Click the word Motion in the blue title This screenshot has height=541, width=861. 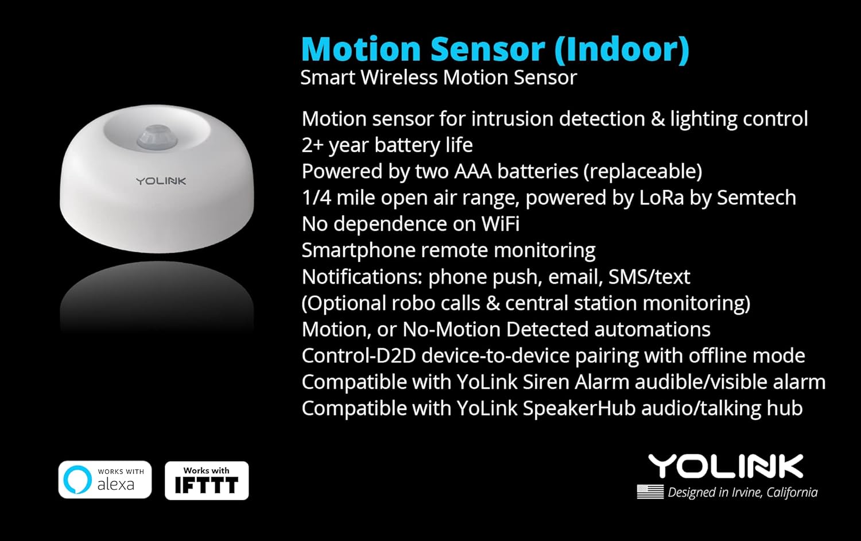tap(361, 49)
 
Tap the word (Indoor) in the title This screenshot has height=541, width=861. tap(622, 49)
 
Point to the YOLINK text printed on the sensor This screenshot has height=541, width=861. tap(161, 181)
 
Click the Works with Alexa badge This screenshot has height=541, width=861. tap(105, 480)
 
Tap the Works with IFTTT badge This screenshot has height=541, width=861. tap(207, 480)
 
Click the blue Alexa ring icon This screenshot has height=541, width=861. tap(77, 480)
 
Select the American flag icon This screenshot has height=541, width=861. tap(650, 492)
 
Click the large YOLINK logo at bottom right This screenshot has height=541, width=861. tap(726, 466)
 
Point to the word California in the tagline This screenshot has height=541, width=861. tap(792, 492)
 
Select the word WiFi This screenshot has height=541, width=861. tap(500, 224)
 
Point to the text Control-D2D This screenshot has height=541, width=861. tap(358, 355)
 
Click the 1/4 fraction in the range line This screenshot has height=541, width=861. tap(315, 198)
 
